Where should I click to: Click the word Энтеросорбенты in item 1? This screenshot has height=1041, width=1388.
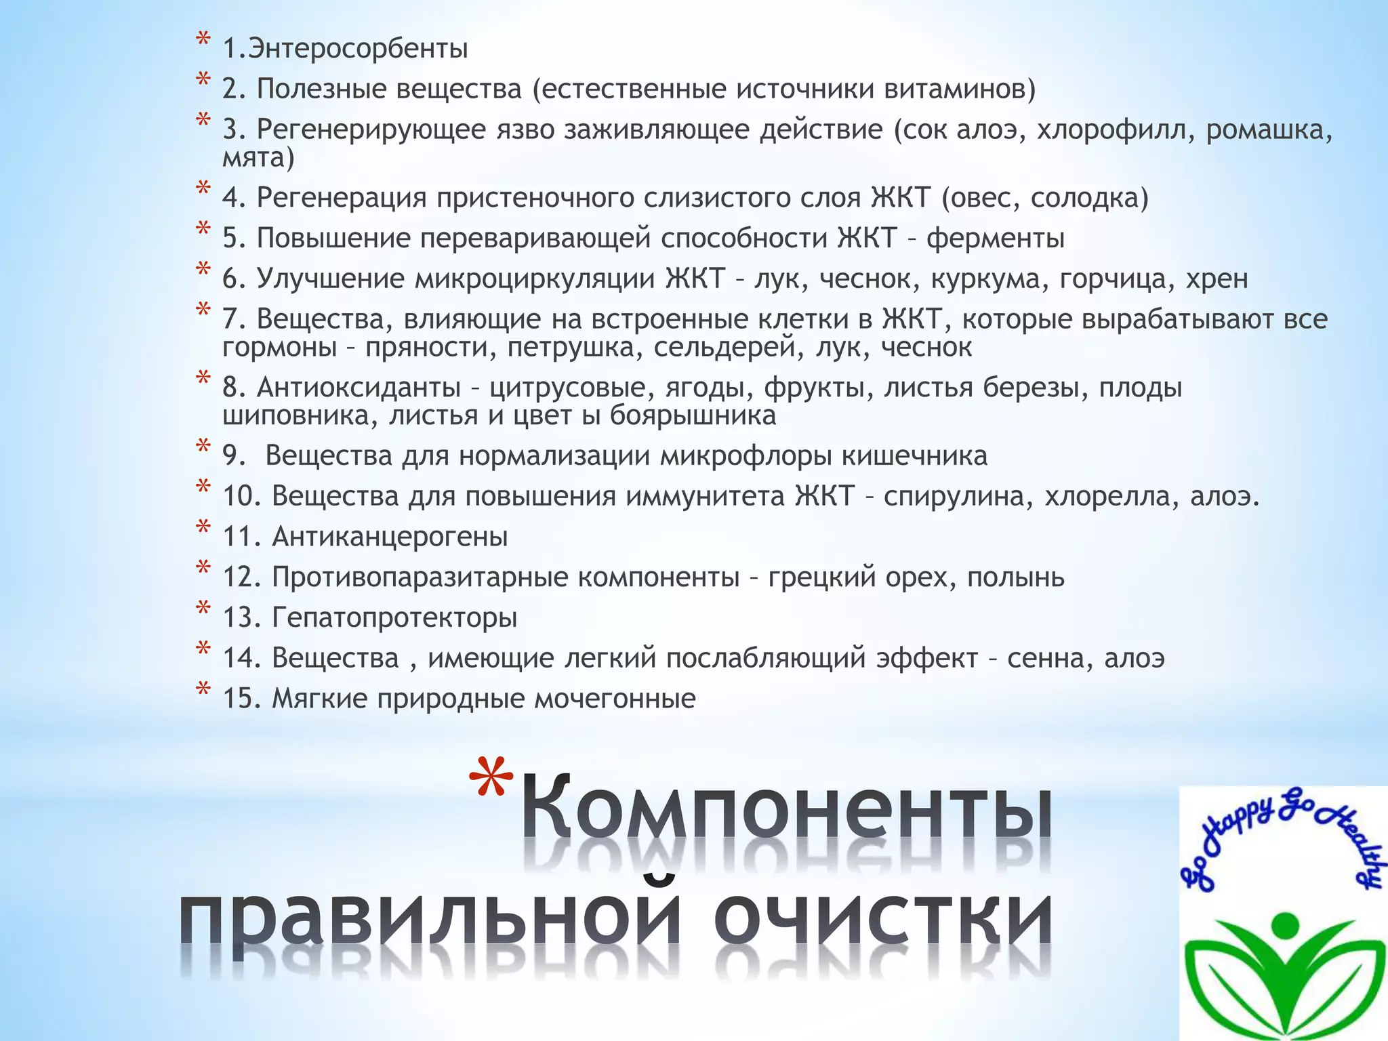[x=358, y=49]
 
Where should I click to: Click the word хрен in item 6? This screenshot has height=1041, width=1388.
[x=1217, y=279]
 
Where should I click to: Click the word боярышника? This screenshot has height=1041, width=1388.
[x=693, y=415]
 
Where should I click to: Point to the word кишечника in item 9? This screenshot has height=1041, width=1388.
[x=914, y=455]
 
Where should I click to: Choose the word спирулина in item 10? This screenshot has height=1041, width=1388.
[x=958, y=496]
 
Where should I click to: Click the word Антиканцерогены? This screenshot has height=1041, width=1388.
[x=390, y=537]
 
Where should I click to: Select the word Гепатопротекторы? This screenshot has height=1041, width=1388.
[x=394, y=617]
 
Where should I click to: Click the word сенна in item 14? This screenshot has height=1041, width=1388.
[x=1049, y=658]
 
